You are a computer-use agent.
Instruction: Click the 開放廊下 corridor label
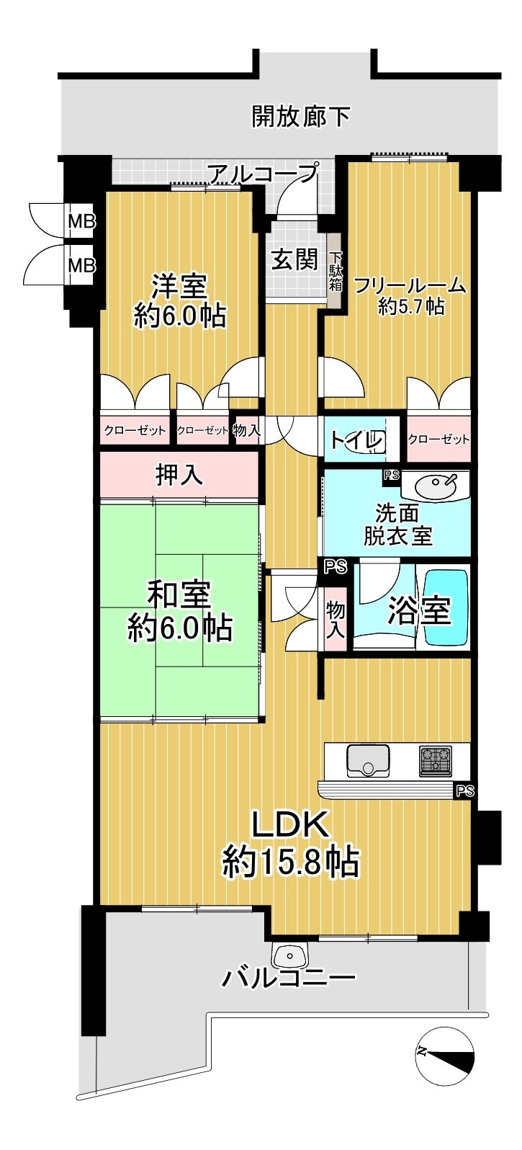(x=300, y=117)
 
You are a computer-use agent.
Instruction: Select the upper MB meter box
(x=82, y=222)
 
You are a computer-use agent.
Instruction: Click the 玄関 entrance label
(x=295, y=260)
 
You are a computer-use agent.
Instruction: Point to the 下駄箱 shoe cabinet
(x=335, y=269)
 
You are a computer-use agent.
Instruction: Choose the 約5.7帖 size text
(x=411, y=307)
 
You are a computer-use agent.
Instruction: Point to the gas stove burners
(x=436, y=760)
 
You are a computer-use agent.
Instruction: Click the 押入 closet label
(x=179, y=475)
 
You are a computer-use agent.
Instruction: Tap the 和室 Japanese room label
(x=179, y=594)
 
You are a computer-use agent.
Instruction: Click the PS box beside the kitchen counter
(x=464, y=791)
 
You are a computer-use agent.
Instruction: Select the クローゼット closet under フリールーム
(x=439, y=440)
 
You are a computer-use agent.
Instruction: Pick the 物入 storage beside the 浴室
(x=336, y=620)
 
